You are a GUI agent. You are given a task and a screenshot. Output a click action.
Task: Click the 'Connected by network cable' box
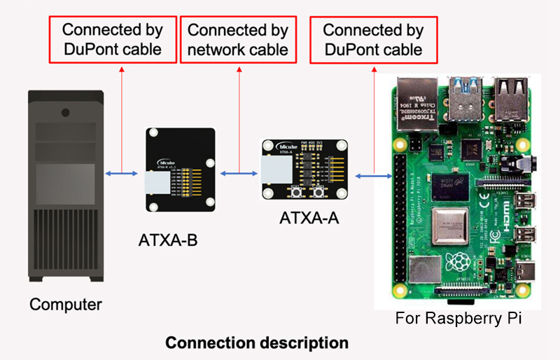(238, 39)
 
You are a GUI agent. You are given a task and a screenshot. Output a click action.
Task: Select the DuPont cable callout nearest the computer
(113, 39)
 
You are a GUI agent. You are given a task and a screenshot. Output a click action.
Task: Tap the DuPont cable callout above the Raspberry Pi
(373, 39)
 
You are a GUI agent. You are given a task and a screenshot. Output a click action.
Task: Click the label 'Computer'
(66, 305)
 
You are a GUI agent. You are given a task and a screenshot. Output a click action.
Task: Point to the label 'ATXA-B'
(168, 242)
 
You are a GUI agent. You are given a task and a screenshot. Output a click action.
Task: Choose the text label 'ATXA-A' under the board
(309, 218)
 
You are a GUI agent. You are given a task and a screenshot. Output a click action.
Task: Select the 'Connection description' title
(256, 343)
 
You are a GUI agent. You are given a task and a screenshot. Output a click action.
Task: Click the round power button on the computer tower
(65, 112)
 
